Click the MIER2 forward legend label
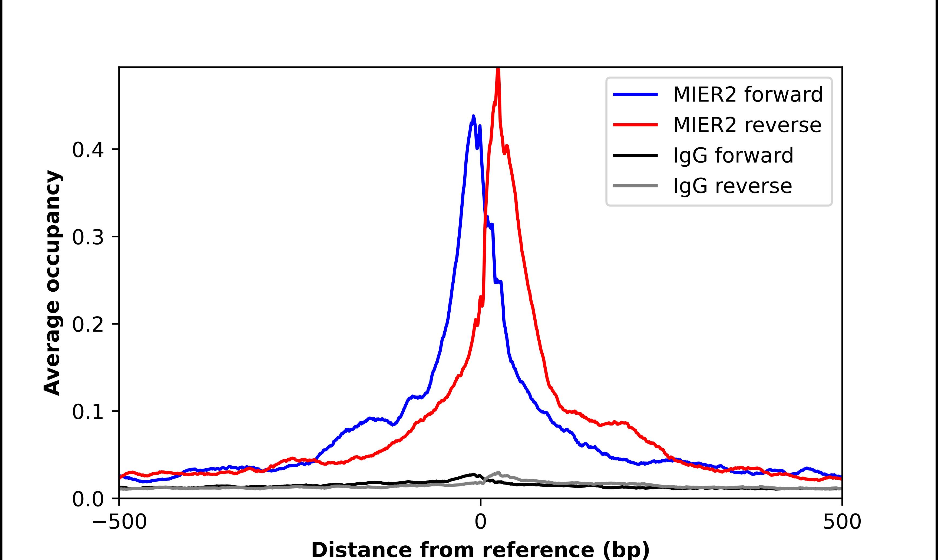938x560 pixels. coord(748,94)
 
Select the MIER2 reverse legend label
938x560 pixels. coord(747,125)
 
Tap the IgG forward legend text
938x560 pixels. coord(733,156)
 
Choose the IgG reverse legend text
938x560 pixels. coord(732,186)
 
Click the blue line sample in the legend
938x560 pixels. coord(636,94)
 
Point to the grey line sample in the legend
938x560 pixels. coord(636,186)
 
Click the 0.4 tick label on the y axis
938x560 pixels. coord(88,150)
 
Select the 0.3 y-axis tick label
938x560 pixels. coord(88,237)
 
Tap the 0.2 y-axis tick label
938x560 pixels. coord(88,325)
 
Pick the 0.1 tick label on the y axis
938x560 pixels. coord(88,412)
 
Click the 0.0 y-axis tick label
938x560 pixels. coord(88,499)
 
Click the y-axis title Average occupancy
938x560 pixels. coord(52,283)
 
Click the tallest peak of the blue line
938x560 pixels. coord(473,117)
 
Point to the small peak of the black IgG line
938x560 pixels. coord(473,474)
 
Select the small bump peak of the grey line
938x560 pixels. coord(498,472)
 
